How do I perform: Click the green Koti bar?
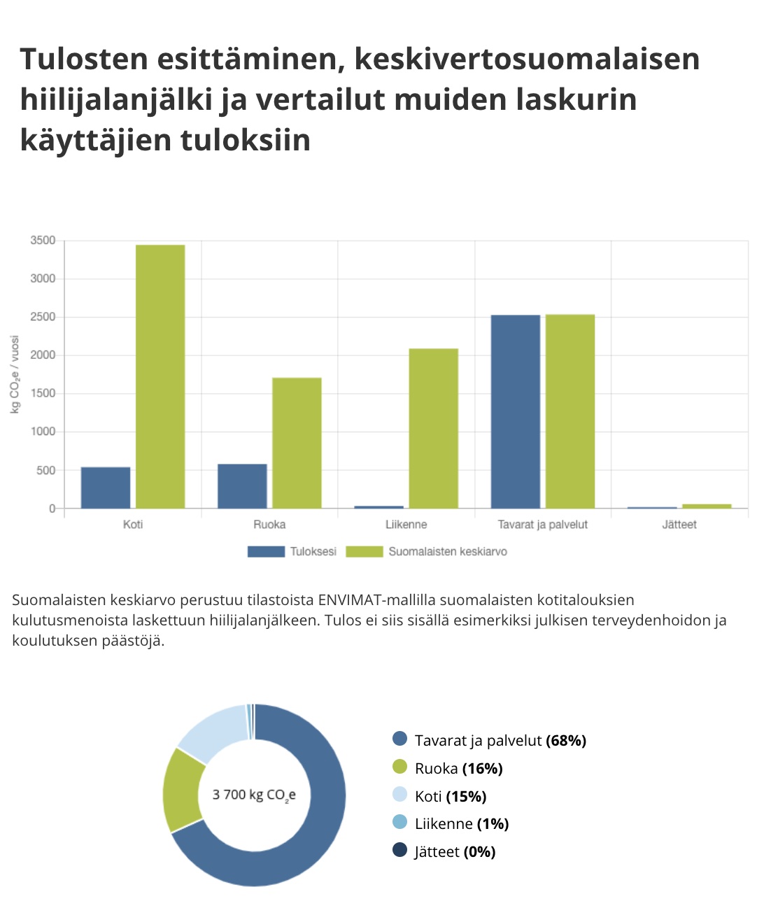tap(160, 376)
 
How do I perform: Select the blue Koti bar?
tap(106, 488)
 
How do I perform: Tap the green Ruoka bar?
tap(297, 443)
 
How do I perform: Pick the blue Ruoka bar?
tap(242, 486)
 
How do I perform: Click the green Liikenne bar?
tap(434, 428)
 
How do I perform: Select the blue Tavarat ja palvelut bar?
tap(516, 411)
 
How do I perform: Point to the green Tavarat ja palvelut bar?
tap(570, 411)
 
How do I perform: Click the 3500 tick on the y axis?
tap(43, 241)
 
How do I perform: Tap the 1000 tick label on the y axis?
tap(43, 432)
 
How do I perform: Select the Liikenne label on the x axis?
tap(406, 525)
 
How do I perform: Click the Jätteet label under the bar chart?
tap(679, 525)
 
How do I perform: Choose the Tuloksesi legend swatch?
tap(266, 552)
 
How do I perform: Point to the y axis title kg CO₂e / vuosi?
tap(15, 374)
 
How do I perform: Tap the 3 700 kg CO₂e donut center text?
tap(254, 795)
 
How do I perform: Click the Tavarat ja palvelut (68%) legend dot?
tap(400, 739)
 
